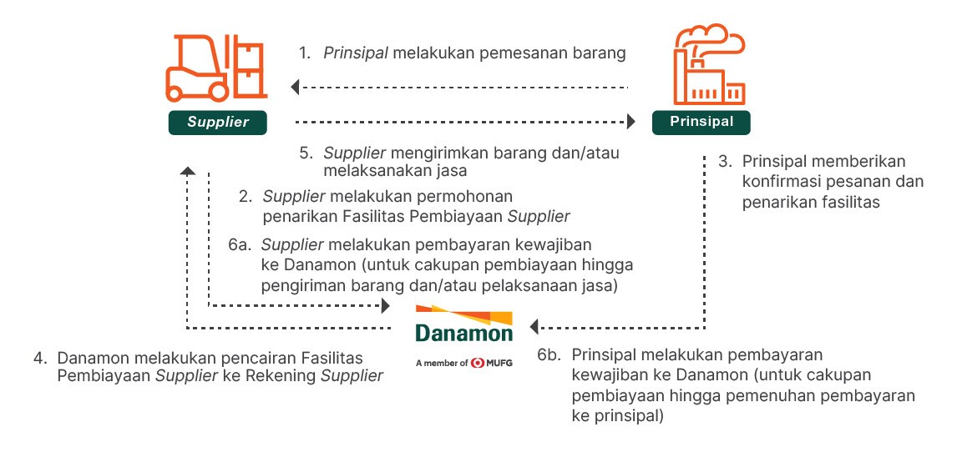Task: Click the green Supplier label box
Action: [x=218, y=123]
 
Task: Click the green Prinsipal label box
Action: [x=701, y=122]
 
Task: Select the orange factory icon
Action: [x=709, y=63]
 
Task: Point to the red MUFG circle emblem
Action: [x=478, y=363]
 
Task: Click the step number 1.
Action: [x=305, y=54]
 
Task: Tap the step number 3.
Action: [x=722, y=161]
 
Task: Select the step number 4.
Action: [x=38, y=359]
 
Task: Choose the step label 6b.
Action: [x=549, y=354]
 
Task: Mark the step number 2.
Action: [x=245, y=197]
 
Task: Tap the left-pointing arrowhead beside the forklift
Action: [x=295, y=86]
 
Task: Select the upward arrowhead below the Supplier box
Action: [x=188, y=171]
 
